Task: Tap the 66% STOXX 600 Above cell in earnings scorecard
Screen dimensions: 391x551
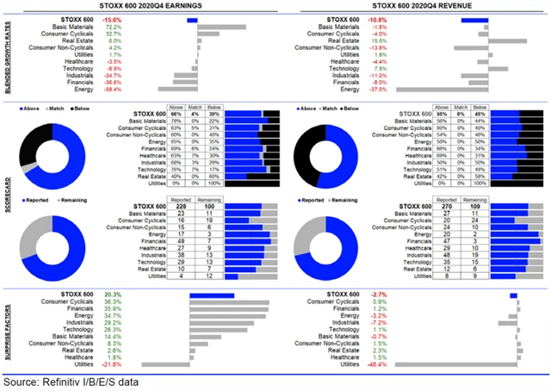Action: pyautogui.click(x=176, y=115)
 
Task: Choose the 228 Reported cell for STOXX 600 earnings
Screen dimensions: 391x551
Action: pyautogui.click(x=182, y=207)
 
